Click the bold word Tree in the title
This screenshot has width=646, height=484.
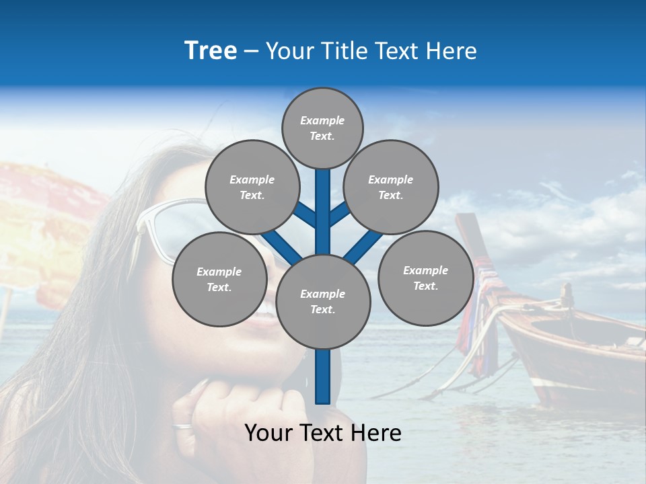[x=211, y=51]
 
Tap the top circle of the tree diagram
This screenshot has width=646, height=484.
[x=322, y=128]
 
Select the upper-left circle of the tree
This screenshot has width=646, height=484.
[x=252, y=187]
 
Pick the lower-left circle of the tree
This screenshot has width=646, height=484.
[x=219, y=279]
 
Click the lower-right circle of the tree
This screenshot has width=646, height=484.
[x=426, y=278]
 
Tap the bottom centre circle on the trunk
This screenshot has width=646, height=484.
[x=323, y=302]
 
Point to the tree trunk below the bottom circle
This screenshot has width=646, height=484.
[x=323, y=376]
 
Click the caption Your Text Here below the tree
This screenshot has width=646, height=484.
[x=323, y=433]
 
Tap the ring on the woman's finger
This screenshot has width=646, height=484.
[x=182, y=426]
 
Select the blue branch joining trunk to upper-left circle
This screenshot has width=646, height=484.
[x=304, y=215]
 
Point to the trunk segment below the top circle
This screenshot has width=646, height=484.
[x=323, y=202]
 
